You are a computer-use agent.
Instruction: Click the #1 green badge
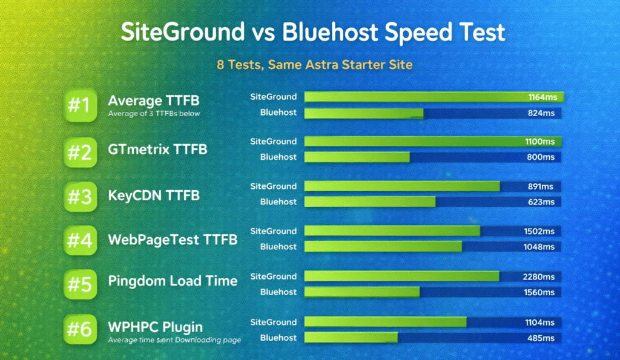pos(79,106)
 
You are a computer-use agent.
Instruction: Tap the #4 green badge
pos(79,240)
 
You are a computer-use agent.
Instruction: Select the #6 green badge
pos(79,330)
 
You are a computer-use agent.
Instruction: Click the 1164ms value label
pos(541,97)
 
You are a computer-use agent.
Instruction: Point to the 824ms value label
pos(541,113)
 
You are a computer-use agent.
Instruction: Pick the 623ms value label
pos(541,202)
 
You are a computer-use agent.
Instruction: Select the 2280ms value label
pos(538,277)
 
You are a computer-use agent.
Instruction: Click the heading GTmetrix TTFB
pos(157,148)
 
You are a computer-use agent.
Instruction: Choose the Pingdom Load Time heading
pos(173,281)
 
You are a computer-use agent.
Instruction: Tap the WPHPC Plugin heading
pos(155,327)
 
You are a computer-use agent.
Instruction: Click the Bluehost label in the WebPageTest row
pos(279,247)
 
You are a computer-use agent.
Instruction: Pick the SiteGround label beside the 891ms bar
pos(274,186)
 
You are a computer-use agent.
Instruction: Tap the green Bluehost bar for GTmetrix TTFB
pos(357,157)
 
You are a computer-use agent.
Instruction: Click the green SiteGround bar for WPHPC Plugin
pos(385,322)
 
